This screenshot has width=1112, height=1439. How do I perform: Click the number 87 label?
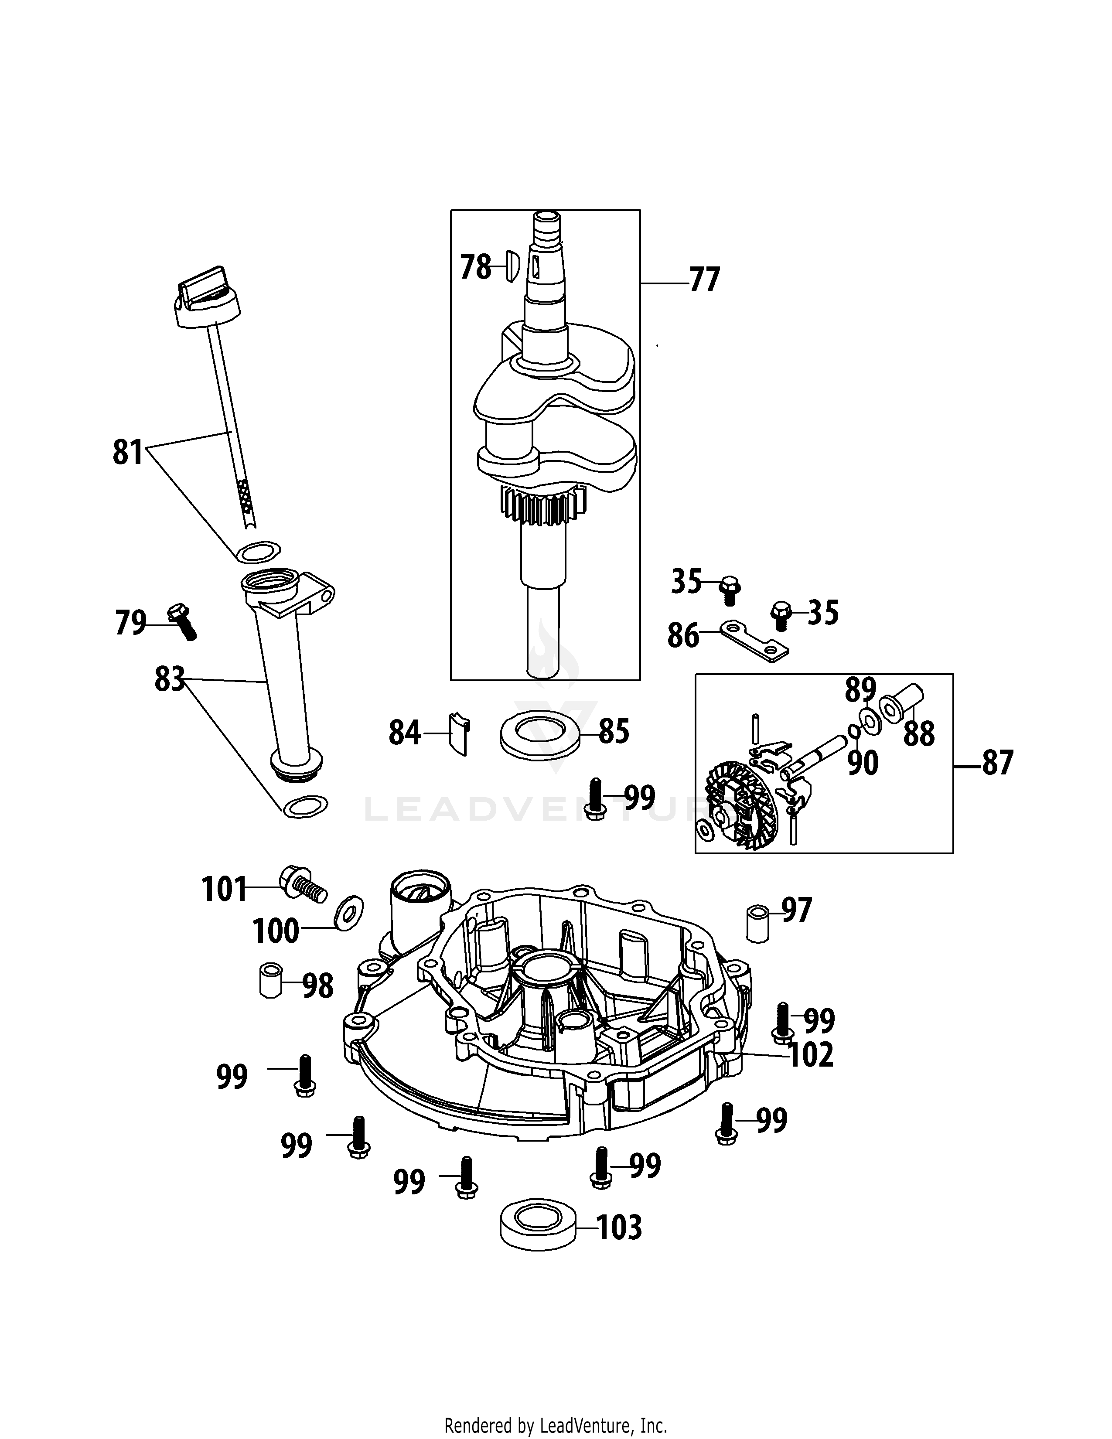click(997, 764)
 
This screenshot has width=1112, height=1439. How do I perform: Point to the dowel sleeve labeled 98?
click(270, 981)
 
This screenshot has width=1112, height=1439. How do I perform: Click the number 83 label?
click(169, 679)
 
